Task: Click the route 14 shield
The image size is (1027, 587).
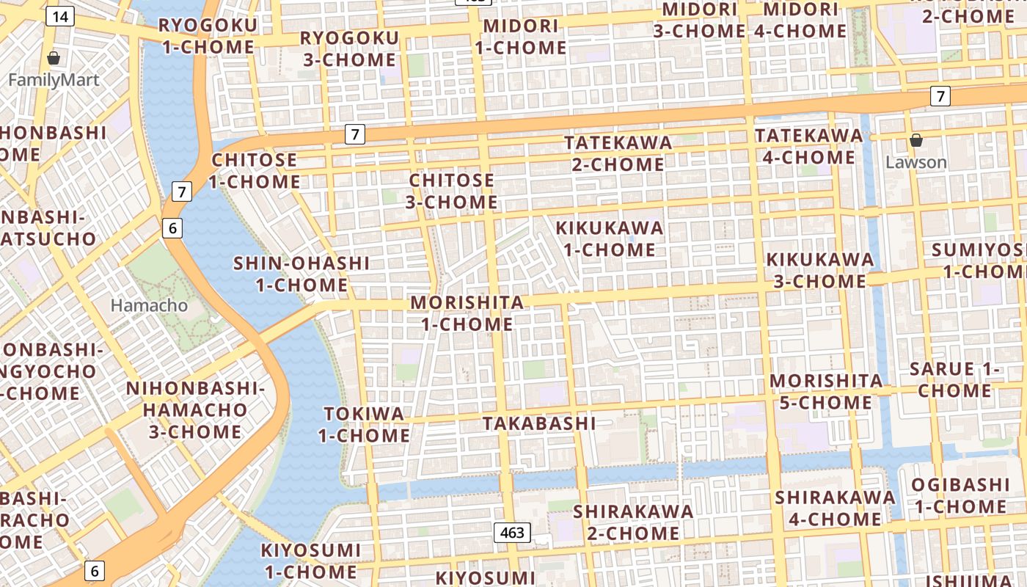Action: pos(60,16)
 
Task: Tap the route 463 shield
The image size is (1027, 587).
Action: pos(511,533)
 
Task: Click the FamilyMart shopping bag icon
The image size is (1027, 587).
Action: pos(53,58)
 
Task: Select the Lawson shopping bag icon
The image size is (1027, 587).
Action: pos(915,140)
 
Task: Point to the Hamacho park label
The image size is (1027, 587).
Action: pos(149,305)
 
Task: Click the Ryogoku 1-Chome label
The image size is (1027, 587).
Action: pos(208,37)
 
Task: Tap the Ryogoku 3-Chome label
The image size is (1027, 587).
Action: pos(350,48)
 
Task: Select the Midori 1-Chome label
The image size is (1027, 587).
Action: pos(521,37)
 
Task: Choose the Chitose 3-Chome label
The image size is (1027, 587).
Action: pos(453,191)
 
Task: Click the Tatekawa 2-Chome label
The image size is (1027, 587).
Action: pos(618,153)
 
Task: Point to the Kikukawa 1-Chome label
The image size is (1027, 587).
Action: pos(609,238)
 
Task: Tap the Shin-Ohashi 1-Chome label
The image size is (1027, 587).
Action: pos(301,274)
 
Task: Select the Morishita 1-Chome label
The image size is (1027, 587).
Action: pos(467,313)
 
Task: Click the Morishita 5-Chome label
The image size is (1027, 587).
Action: pos(826,391)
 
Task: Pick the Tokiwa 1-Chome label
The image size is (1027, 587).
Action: pos(364,424)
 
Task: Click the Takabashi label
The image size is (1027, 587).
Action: pos(539,423)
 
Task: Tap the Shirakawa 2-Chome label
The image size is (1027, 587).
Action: pos(633,522)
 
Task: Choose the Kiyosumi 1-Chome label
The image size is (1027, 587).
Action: pos(311,561)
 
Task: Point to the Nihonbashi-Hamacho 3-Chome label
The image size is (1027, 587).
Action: pos(195,409)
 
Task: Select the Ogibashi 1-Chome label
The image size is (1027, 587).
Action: pos(960,495)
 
